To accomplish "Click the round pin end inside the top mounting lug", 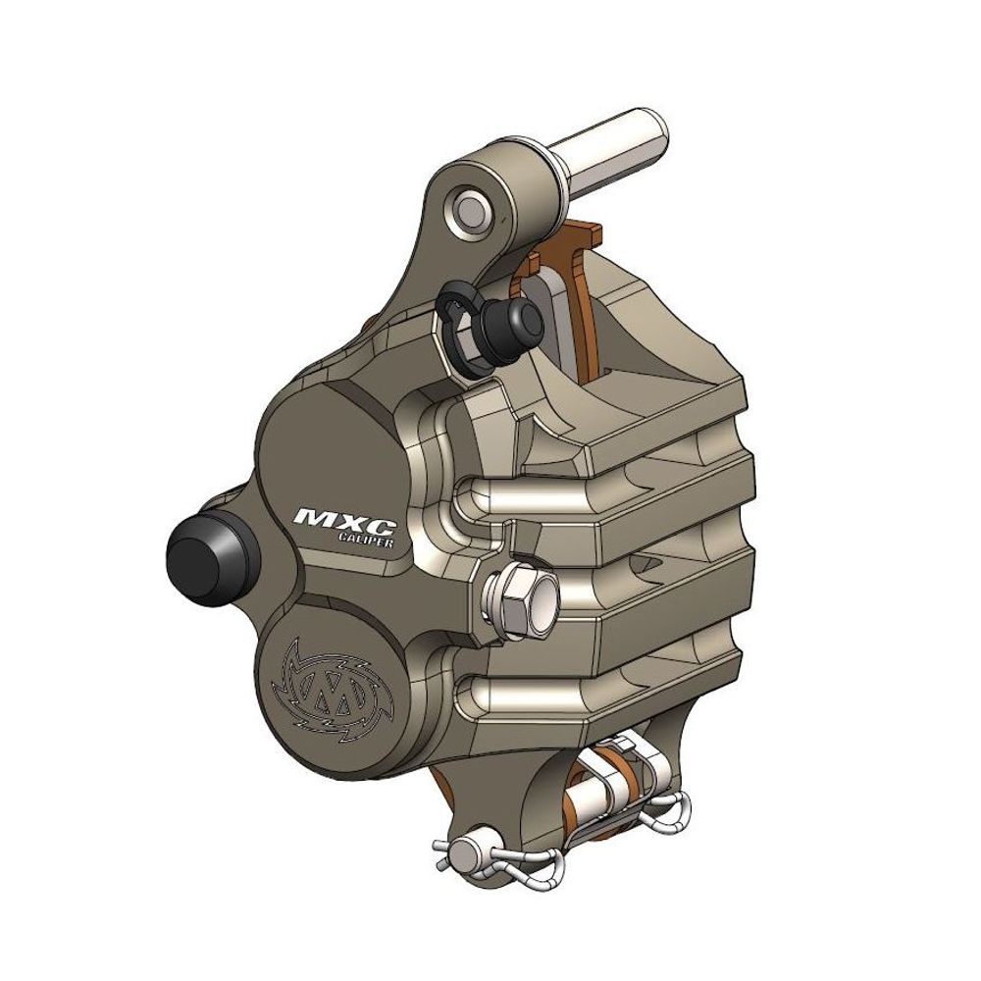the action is click(x=469, y=212).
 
